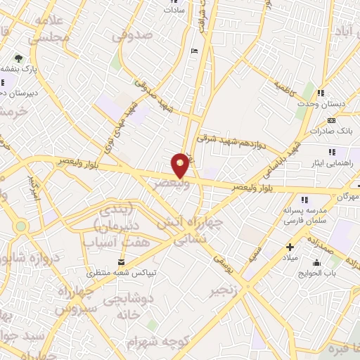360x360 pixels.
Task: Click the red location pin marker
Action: coord(181,165)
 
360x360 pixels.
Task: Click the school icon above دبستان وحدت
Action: coord(321,93)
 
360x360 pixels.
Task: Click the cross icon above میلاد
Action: coord(290,247)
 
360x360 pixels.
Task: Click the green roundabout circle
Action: coord(21,226)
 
